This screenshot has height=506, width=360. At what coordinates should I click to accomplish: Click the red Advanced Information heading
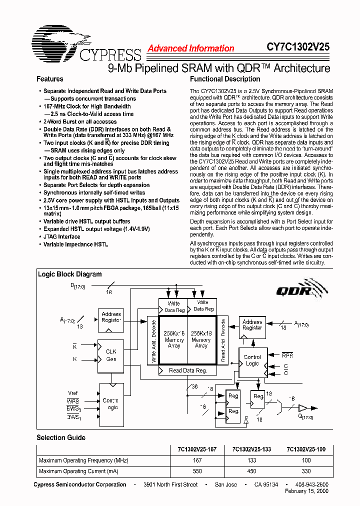(190, 48)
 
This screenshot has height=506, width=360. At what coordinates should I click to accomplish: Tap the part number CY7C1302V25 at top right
(297, 47)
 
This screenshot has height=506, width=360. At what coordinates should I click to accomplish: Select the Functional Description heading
(224, 79)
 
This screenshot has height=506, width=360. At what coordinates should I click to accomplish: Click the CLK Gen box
(110, 355)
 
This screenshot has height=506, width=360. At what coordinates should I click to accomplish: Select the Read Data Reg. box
(187, 370)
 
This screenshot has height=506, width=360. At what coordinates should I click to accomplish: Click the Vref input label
(73, 393)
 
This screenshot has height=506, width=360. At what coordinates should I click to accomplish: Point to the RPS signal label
(287, 355)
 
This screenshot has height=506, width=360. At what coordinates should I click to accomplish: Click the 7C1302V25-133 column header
(251, 449)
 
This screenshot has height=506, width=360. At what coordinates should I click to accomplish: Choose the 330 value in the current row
(306, 471)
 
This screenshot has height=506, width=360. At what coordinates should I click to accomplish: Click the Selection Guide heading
(60, 437)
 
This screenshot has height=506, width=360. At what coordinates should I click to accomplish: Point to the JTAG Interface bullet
(61, 236)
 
